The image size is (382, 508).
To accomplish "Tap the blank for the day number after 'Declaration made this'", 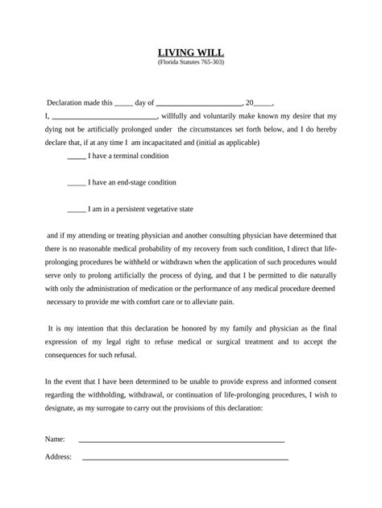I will coord(124,104).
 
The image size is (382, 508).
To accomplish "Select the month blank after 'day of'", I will coord(197,104).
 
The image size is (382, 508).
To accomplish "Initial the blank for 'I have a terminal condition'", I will coord(77,155).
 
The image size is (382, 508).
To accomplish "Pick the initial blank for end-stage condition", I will coord(77,182).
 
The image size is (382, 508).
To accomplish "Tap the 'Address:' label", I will coord(58,456).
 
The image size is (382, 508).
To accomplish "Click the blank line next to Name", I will coord(181,441).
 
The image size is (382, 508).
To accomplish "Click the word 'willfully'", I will coord(189,117).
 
